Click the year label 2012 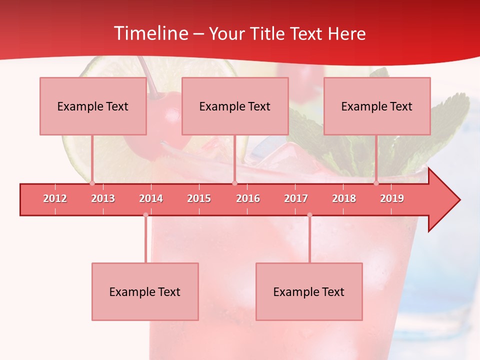click(55, 198)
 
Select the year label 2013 click(103, 198)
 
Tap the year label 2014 click(151, 198)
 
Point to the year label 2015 click(199, 198)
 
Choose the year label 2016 click(248, 198)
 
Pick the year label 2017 click(296, 198)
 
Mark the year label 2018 click(344, 198)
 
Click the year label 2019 click(392, 198)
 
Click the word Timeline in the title click(150, 33)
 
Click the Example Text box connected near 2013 click(93, 106)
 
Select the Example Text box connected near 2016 click(235, 106)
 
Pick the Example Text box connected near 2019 click(377, 106)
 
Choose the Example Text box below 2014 click(145, 291)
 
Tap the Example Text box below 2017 click(309, 291)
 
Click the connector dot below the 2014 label click(145, 215)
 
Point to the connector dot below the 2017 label click(309, 215)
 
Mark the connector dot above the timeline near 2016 click(234, 183)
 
